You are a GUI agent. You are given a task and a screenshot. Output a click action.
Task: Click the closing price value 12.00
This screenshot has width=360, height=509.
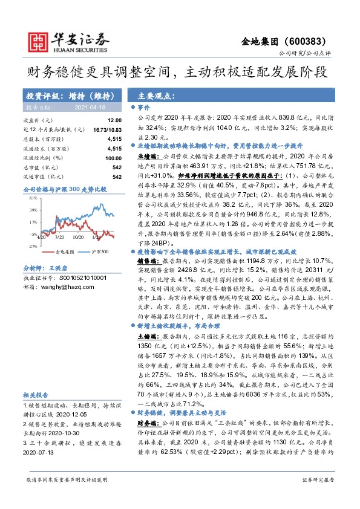coord(115,121)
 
